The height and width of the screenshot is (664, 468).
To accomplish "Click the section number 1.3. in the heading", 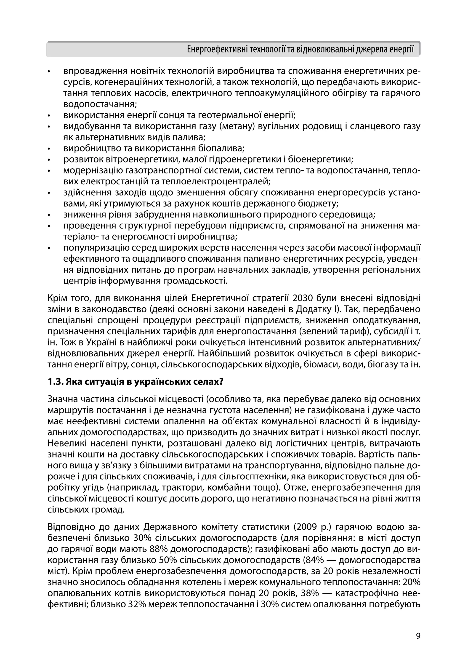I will tap(55, 382).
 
